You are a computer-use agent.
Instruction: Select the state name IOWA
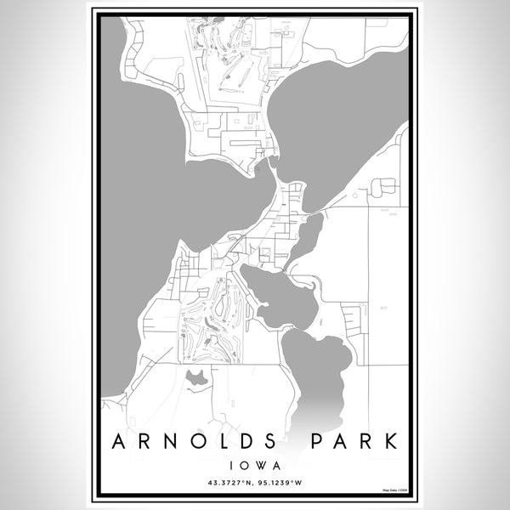tap(255, 466)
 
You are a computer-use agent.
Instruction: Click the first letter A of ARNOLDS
tap(121, 442)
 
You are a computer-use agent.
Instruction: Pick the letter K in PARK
tap(394, 442)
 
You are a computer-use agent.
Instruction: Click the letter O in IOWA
tap(247, 466)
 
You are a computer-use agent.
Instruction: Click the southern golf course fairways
tap(208, 319)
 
